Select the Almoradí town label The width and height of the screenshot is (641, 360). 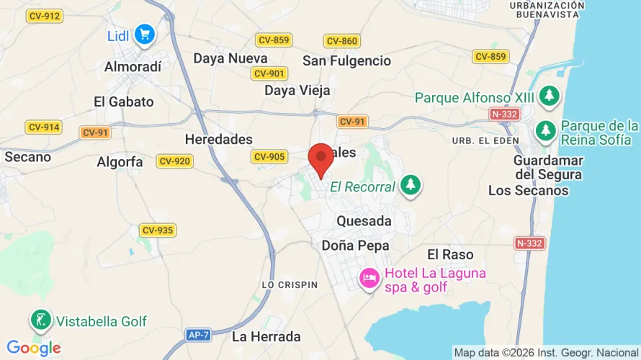(133, 66)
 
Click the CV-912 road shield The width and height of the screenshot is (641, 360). (44, 16)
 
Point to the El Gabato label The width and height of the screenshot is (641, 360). (124, 102)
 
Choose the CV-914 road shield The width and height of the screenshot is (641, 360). (44, 127)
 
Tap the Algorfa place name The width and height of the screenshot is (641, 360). (120, 162)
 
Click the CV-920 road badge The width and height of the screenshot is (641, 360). (174, 161)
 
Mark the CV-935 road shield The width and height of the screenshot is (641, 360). (158, 230)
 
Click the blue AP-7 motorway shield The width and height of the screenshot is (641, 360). (198, 335)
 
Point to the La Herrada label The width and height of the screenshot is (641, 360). (266, 336)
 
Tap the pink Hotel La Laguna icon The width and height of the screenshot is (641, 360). (369, 277)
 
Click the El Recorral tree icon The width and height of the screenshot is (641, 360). (411, 185)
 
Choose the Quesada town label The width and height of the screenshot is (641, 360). (364, 221)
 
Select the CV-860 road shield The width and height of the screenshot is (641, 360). (341, 41)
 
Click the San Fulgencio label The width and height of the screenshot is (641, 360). (346, 60)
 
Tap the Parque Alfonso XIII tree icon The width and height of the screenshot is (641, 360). (550, 96)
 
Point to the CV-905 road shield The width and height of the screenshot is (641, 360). (269, 157)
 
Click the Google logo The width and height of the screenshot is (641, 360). (33, 349)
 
